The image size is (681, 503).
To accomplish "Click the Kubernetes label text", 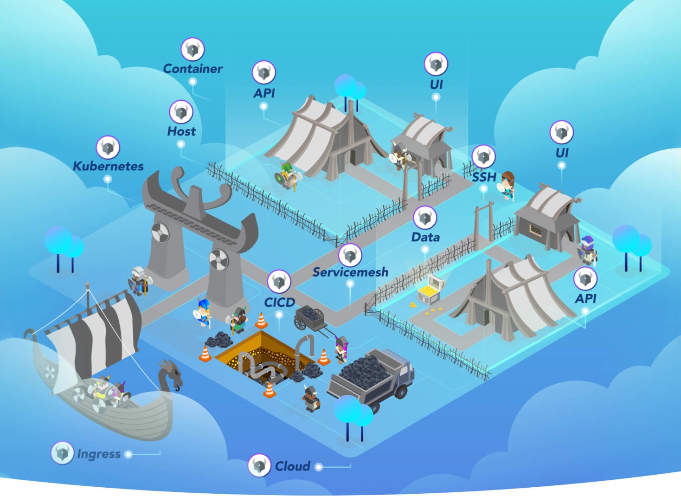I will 108,166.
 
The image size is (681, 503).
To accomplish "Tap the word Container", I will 193,69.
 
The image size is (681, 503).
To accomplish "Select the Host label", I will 181,131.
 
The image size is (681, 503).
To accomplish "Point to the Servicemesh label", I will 350,272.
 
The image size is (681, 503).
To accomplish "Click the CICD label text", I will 279,302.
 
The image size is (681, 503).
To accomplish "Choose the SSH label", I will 484,177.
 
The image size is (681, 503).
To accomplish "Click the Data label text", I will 425,237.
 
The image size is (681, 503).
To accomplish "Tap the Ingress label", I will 98,454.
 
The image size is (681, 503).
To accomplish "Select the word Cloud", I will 292,466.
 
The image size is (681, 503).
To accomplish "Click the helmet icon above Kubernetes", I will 108,148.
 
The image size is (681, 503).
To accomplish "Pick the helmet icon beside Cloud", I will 259,465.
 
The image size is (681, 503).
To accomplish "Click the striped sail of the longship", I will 93,334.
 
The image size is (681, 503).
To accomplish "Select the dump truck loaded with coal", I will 371,376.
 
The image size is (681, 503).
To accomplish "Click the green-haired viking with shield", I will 287,175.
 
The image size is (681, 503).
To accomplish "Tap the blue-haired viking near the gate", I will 203,312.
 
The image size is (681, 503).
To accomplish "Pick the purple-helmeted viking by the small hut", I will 588,250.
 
